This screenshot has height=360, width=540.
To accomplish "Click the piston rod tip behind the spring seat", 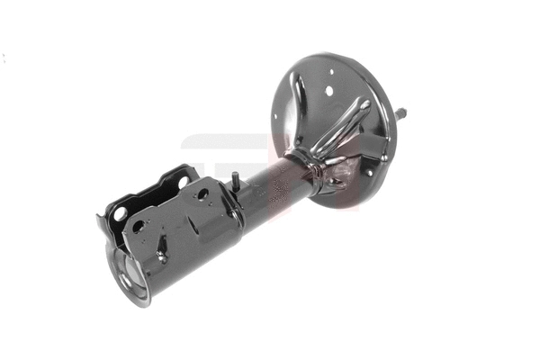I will (x=400, y=112).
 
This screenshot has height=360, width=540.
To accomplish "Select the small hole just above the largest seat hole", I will (x=330, y=72).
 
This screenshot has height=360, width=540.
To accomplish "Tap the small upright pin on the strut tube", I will (x=234, y=180).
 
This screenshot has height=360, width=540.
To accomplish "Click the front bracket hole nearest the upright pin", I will (x=202, y=193).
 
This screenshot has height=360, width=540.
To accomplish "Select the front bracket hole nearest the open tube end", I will (x=138, y=227).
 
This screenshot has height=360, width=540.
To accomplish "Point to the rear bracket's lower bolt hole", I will (x=119, y=214).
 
